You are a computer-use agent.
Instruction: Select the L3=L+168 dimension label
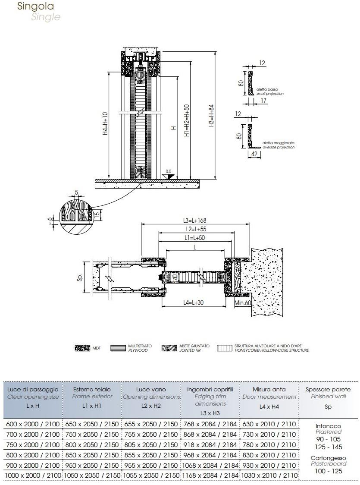click(x=195, y=220)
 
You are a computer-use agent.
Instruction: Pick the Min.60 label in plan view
click(x=243, y=303)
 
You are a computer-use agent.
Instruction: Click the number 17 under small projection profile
click(x=263, y=101)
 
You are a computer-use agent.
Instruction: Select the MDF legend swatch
click(x=82, y=348)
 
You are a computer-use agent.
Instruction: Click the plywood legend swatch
click(x=118, y=348)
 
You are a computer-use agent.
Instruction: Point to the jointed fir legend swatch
click(x=169, y=348)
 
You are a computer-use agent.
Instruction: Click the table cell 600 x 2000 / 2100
click(x=33, y=424)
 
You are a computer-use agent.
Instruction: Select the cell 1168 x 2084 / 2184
click(x=210, y=475)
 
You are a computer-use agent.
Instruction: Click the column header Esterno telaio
click(x=92, y=389)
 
